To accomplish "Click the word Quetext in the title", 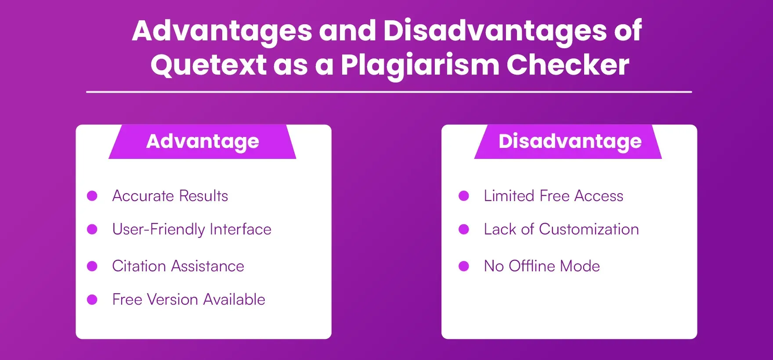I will pos(208,65).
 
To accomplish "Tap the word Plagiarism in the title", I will pos(420,65).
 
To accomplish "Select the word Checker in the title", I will pos(567,65).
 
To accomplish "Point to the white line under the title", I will pos(389,92).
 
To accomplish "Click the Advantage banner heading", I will pos(202,141).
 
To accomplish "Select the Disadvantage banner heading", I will pos(570,141).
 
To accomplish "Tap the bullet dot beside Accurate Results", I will pos(92,196).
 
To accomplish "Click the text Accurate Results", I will pos(170,196).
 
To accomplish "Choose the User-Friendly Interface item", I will pos(191,229).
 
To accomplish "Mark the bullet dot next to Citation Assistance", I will pos(92,266).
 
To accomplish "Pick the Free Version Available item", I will pos(188,299).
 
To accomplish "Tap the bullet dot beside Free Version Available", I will pos(92,299).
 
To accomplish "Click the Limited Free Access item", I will pos(553,196).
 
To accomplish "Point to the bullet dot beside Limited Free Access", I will pos(464,196).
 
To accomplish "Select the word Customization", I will pos(589,229).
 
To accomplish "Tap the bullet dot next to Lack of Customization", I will pos(464,229).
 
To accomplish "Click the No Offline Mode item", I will pos(542,266).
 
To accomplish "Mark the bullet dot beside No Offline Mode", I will pos(464,266).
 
